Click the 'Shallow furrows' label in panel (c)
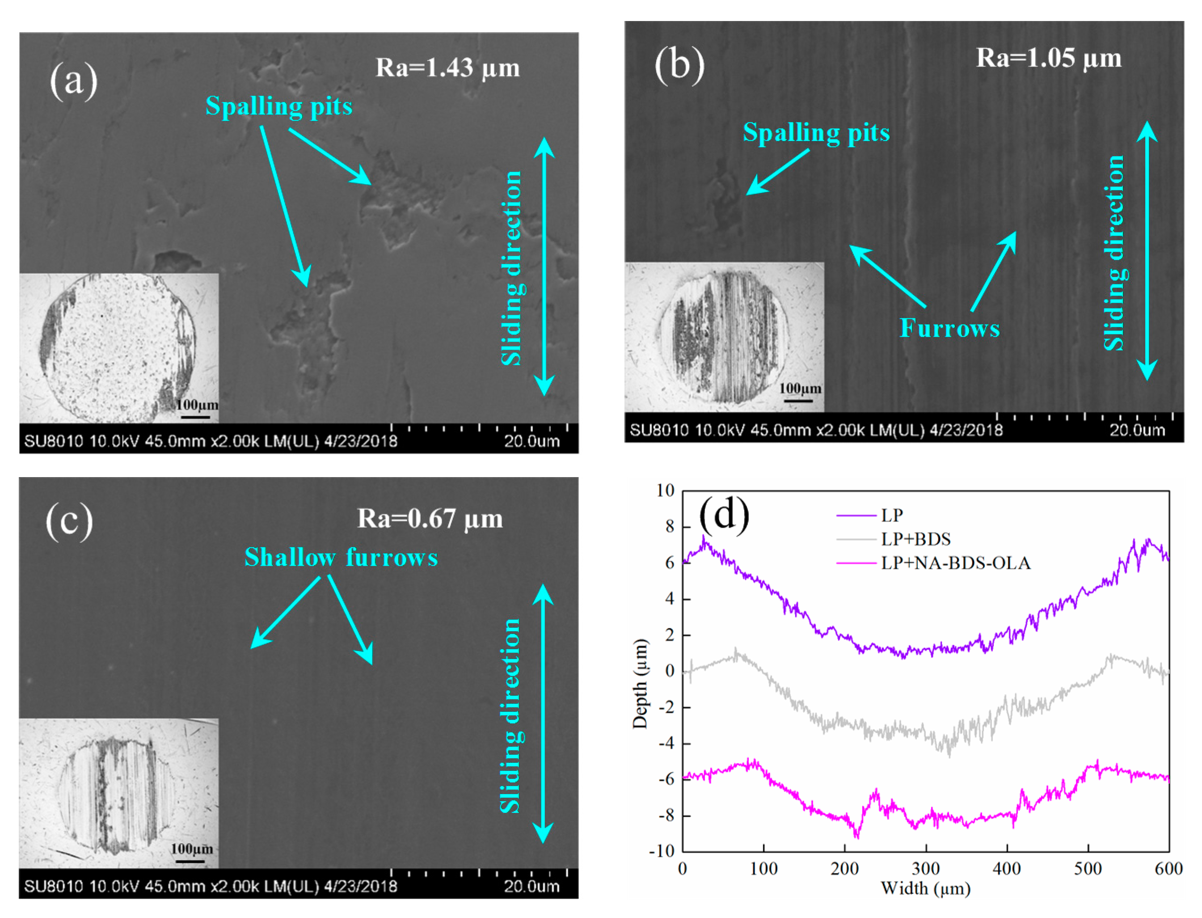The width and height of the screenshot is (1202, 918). [340, 557]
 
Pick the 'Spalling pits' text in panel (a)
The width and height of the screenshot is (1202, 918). [278, 106]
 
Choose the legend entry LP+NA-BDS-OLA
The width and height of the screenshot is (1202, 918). [955, 563]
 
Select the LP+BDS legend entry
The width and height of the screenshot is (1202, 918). [915, 539]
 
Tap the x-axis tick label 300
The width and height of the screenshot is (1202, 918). [925, 869]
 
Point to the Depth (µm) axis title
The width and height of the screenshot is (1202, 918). [640, 683]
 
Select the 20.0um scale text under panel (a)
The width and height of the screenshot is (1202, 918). [531, 441]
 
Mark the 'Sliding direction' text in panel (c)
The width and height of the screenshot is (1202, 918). [510, 716]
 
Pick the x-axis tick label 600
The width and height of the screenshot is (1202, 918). [1168, 869]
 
